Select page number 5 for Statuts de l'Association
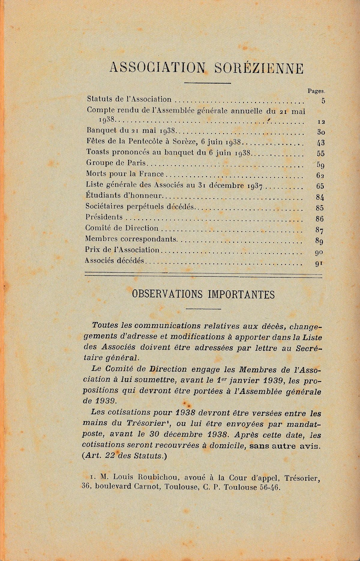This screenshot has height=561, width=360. click(x=323, y=101)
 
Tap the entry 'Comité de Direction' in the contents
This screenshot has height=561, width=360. click(x=122, y=228)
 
